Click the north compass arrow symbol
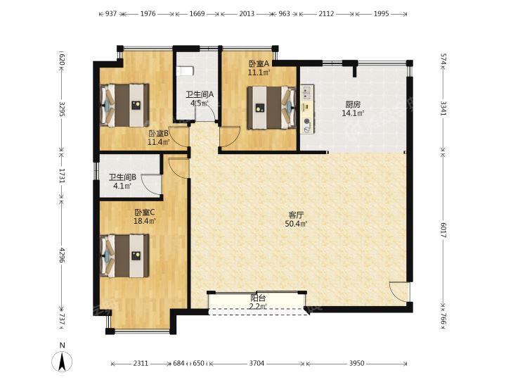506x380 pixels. [x=63, y=361]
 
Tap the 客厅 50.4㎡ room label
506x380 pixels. [x=296, y=220]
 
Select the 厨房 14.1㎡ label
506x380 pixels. [x=353, y=109]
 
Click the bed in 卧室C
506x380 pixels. [x=124, y=256]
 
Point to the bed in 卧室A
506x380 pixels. [x=271, y=108]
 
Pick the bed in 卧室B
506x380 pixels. [x=124, y=106]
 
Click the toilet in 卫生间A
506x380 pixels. [x=186, y=71]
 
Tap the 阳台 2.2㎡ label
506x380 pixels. [x=258, y=302]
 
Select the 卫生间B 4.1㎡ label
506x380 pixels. [x=122, y=182]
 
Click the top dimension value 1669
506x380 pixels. [x=197, y=14]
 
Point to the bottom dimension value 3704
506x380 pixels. [x=257, y=364]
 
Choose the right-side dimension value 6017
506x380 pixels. [x=443, y=230]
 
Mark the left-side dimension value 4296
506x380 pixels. [x=63, y=255]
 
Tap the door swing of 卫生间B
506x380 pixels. [x=151, y=184]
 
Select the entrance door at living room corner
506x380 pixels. [x=399, y=292]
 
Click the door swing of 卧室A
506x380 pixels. [x=230, y=137]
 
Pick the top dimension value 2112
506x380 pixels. [x=326, y=14]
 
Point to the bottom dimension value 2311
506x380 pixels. [x=141, y=364]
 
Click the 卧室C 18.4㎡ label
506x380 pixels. [x=145, y=217]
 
